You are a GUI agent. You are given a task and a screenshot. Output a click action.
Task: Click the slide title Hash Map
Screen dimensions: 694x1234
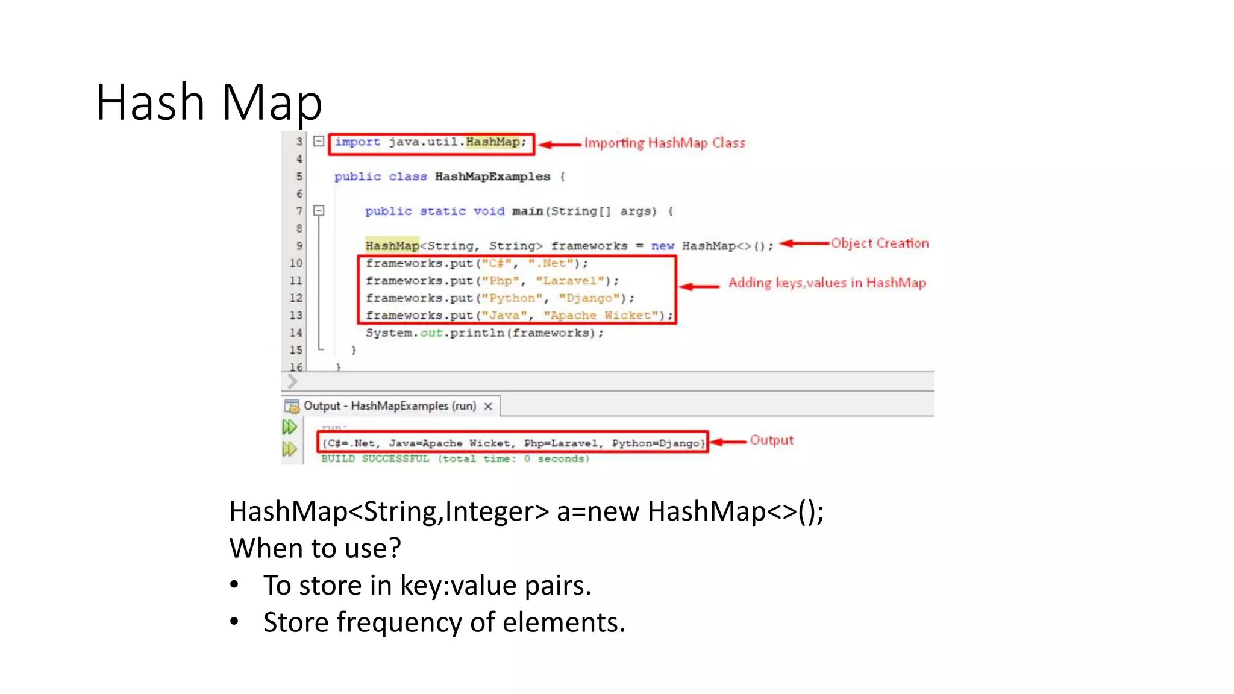209,102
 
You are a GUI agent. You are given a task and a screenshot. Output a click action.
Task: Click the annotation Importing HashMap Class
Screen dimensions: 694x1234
664,143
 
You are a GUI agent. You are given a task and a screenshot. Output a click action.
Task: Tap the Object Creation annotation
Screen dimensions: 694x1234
879,243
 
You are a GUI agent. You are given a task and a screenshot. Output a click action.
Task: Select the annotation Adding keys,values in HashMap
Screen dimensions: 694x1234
827,283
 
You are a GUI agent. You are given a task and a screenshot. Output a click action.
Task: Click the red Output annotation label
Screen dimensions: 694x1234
771,440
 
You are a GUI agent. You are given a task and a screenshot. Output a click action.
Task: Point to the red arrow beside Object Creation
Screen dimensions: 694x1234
804,243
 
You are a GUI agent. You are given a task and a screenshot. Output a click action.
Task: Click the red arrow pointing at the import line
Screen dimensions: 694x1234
560,145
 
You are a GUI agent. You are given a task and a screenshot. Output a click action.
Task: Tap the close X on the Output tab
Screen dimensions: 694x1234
488,407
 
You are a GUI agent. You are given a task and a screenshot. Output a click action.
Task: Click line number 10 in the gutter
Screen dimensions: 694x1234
296,263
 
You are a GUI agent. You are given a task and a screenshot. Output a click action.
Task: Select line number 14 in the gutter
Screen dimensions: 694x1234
296,333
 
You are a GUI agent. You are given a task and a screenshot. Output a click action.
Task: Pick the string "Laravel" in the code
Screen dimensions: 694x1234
570,281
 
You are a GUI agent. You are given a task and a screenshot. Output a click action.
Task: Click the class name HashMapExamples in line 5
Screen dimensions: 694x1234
492,177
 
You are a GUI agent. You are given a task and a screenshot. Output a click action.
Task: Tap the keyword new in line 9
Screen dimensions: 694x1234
662,246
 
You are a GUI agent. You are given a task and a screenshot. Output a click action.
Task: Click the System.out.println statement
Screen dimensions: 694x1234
484,333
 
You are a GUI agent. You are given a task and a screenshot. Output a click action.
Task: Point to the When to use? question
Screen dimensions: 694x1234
315,548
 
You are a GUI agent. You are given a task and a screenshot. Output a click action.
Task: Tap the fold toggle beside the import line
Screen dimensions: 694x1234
319,142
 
